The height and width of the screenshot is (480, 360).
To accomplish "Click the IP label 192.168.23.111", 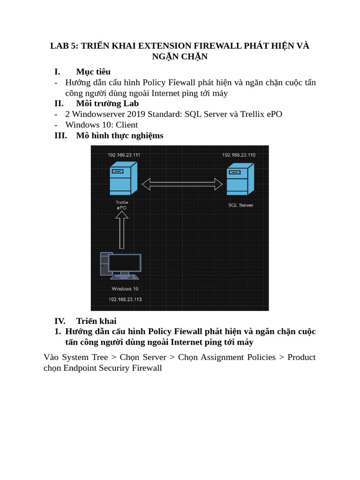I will coord(124,155).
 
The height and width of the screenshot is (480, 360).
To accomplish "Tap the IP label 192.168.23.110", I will coord(239,155).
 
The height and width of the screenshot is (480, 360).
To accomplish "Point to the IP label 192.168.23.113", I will coord(125,299).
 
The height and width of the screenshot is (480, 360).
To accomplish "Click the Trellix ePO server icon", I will coord(123,178).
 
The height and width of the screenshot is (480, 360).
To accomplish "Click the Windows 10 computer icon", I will coord(120,266).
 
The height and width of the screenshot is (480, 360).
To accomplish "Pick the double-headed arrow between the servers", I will coord(182,184).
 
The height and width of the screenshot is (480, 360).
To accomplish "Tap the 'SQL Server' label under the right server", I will coord(240,205).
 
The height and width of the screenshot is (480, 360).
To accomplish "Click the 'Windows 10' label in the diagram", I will coord(125,289).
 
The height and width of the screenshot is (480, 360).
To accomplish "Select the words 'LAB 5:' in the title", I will coord(64,46).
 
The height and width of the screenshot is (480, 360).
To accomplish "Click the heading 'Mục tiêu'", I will coord(93,72).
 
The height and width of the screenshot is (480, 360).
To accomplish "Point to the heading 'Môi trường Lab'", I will coord(107,104).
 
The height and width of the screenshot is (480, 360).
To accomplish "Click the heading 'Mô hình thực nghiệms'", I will coord(120,135).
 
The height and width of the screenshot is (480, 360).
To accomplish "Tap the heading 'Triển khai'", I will coord(96,321).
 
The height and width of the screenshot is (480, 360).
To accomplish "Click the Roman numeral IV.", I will coord(60,321).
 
